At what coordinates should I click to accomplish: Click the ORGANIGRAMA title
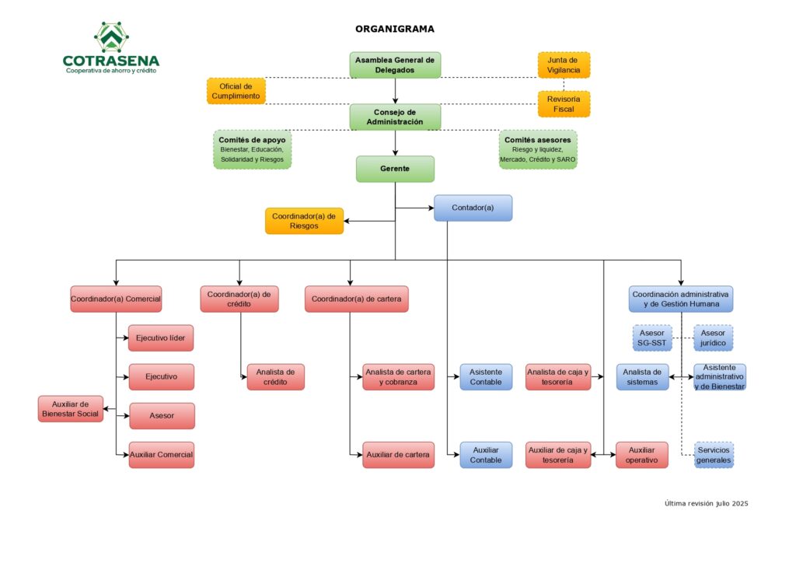click(x=394, y=29)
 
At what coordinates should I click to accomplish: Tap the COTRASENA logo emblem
click(x=111, y=37)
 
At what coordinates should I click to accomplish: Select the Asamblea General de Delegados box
click(x=395, y=65)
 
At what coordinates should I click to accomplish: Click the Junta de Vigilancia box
click(x=564, y=65)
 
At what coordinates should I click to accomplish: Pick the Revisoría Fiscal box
click(x=564, y=103)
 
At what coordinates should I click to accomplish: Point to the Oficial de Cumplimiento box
click(x=236, y=91)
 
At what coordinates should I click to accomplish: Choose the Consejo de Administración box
click(x=395, y=117)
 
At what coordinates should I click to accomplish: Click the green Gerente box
click(x=395, y=169)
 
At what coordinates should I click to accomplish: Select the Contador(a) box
click(x=473, y=208)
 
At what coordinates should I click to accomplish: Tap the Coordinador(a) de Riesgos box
click(x=304, y=221)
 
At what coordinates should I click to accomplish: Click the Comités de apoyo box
click(x=252, y=149)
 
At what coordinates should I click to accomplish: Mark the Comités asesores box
click(x=538, y=149)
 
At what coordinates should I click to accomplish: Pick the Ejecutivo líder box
click(x=161, y=337)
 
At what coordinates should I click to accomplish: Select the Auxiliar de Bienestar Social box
click(x=70, y=408)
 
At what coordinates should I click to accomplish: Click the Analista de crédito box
click(x=276, y=376)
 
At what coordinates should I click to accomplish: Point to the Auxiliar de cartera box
click(x=398, y=455)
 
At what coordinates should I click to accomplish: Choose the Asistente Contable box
click(x=486, y=376)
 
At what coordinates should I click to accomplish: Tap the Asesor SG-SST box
click(x=651, y=337)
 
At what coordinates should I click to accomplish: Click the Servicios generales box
click(x=714, y=455)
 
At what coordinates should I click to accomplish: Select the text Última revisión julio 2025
click(x=706, y=504)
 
